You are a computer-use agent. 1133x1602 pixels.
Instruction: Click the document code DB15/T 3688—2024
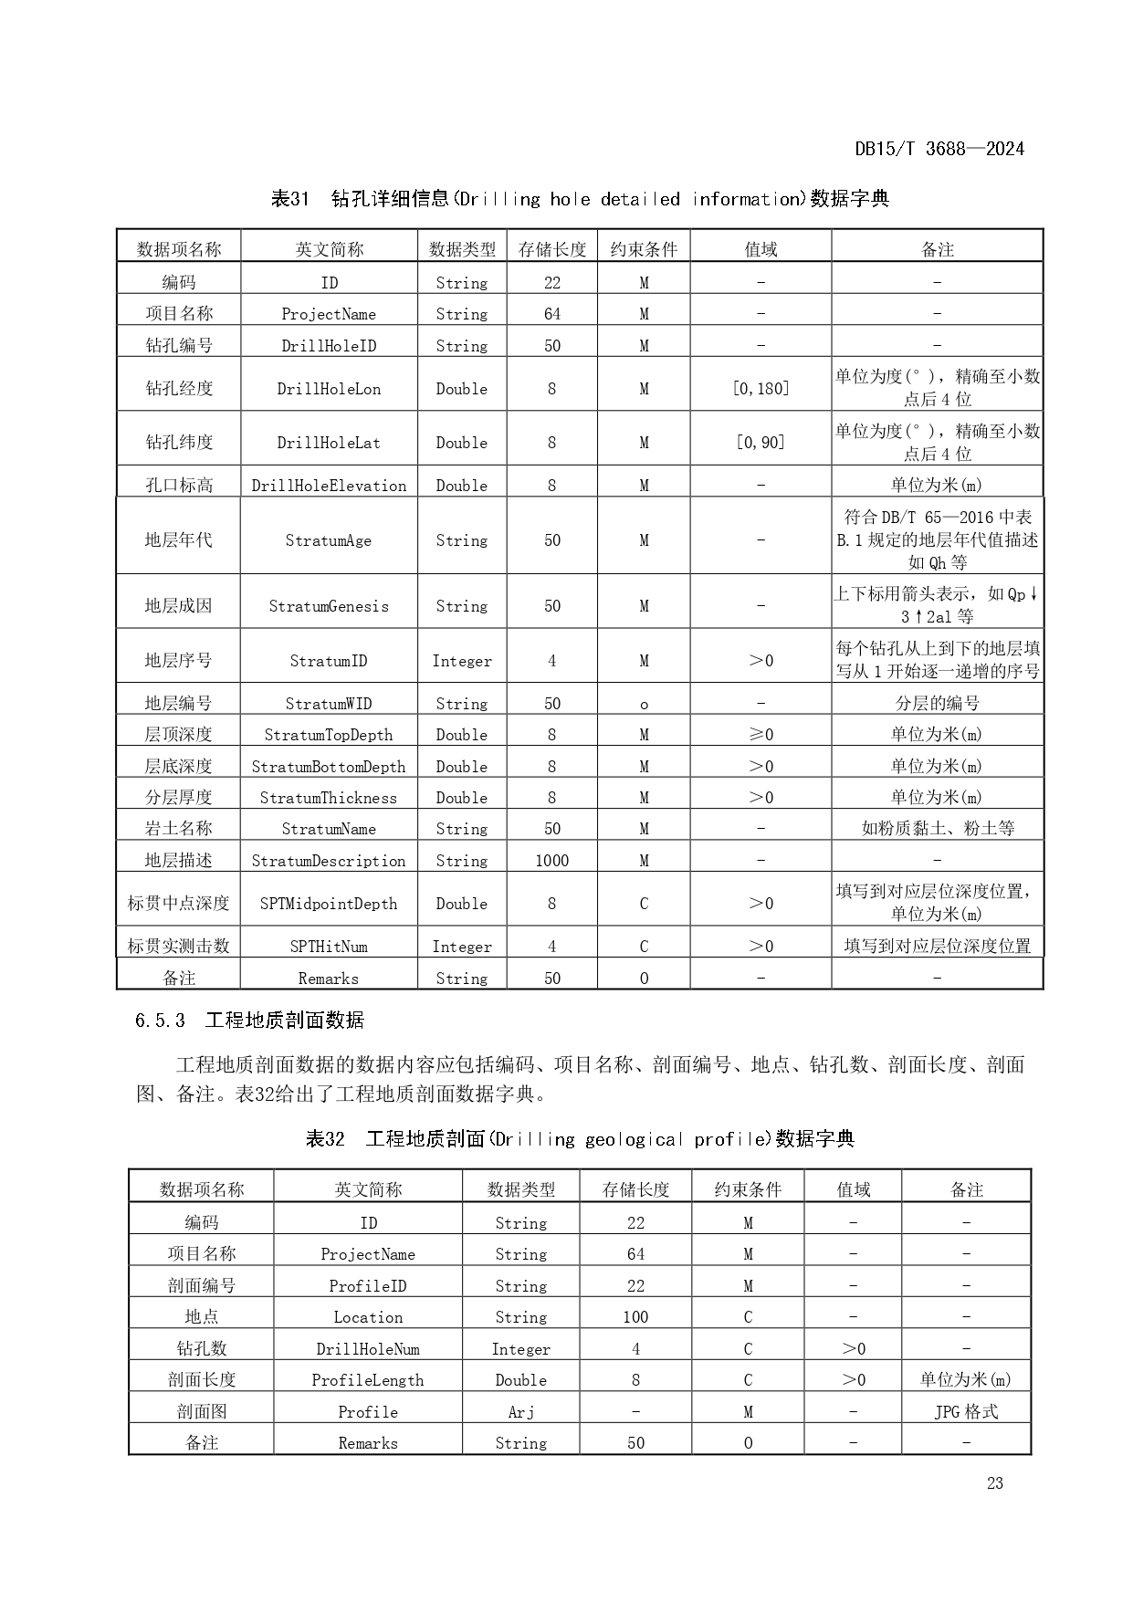939,149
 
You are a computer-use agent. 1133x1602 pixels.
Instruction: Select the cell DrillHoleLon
329,389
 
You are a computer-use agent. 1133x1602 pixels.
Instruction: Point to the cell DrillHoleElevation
329,486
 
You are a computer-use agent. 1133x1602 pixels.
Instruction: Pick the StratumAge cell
329,540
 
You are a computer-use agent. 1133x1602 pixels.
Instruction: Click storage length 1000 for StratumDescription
551,861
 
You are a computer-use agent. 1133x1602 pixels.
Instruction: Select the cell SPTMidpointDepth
329,904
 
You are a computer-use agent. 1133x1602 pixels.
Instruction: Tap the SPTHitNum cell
329,947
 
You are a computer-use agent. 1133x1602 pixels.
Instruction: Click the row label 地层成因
178,606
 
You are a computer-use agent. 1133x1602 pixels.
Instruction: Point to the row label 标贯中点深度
178,904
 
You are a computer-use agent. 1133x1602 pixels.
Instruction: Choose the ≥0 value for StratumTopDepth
761,735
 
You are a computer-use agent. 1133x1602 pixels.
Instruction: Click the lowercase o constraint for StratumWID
644,704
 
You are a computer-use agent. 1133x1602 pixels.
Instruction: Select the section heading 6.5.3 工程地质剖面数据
249,1021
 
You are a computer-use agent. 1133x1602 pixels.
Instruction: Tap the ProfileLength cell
368,1380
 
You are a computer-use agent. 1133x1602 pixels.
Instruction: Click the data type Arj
520,1412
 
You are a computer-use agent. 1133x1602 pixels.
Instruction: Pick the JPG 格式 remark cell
966,1412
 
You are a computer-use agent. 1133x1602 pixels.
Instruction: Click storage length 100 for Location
635,1317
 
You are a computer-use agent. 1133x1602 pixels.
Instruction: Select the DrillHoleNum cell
368,1349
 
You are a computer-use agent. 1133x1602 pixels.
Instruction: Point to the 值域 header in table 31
761,249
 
